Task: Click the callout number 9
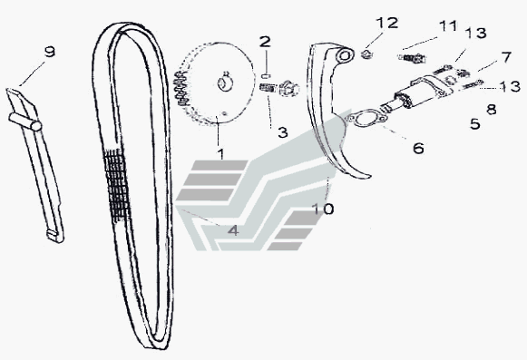coord(49,52)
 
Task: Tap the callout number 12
coord(386,23)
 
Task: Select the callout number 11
coord(448,26)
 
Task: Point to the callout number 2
coord(265,42)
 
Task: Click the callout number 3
coord(283,132)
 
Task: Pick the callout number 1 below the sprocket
coord(220,154)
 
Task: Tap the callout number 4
coord(233,230)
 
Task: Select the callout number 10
coord(323,209)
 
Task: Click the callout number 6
coord(418,148)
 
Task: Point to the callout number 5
coord(475,123)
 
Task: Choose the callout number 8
coord(492,109)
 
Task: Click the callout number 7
coord(506,57)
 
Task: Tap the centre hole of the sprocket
coord(224,83)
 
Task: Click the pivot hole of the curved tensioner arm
coord(344,55)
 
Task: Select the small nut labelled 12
coord(366,54)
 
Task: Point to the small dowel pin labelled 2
coord(266,76)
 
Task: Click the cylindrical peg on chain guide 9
coord(25,122)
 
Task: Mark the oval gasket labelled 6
coord(367,119)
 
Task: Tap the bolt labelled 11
coord(413,58)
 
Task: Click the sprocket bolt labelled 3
coord(280,89)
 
